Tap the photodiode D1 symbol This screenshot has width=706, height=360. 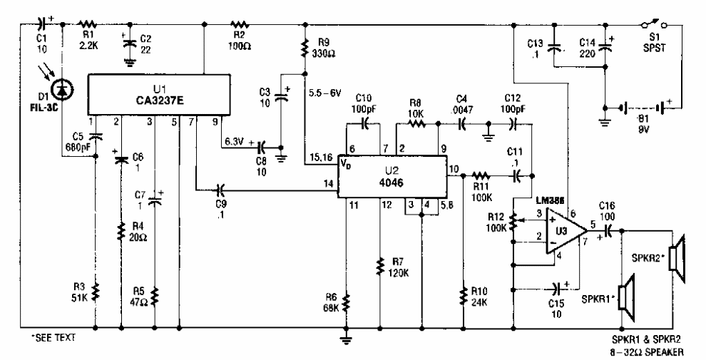[62, 89]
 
